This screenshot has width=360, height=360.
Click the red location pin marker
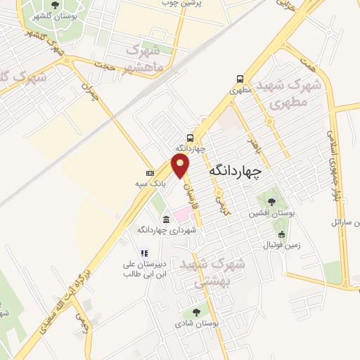pos(181,166)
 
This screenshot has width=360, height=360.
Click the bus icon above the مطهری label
pos(241,79)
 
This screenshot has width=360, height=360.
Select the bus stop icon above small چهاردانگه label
pos(191,138)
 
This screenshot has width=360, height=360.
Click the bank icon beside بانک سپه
pos(149,173)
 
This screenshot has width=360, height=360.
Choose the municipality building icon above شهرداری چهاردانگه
pos(165,219)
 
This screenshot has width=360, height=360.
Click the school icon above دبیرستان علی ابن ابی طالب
pos(143,253)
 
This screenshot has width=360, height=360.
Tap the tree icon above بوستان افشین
pos(271,202)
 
